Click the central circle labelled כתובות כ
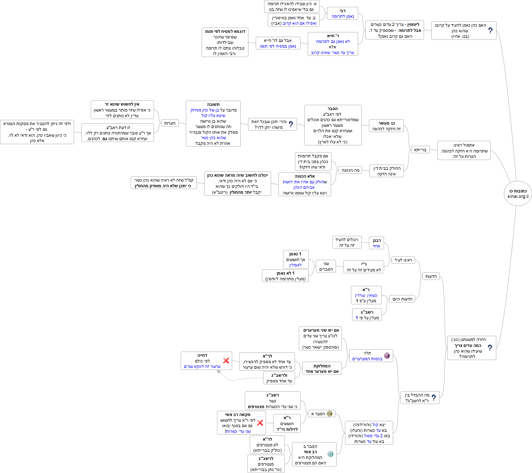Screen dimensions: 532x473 point(518,193)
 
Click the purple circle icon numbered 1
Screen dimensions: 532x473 point(387,356)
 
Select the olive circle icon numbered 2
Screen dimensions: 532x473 point(330,414)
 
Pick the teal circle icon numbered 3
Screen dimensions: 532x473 point(330,454)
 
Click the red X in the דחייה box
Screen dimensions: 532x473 point(226,360)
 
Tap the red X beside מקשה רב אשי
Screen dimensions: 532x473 point(260,422)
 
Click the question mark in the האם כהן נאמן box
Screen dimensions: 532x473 point(490,30)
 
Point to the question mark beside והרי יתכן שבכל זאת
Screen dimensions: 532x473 point(291,124)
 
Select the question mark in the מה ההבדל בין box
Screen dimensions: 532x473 point(434,397)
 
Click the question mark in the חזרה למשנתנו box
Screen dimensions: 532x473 point(490,348)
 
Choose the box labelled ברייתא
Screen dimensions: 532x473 point(420,150)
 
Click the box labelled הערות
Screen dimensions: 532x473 point(170,123)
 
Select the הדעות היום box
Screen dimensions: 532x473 point(402,299)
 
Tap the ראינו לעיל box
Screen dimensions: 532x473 point(403,260)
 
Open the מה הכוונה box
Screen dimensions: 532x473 point(350,170)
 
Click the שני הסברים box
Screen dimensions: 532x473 point(326,266)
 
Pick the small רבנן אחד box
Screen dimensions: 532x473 point(376,243)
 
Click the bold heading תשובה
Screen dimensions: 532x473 point(213,105)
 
